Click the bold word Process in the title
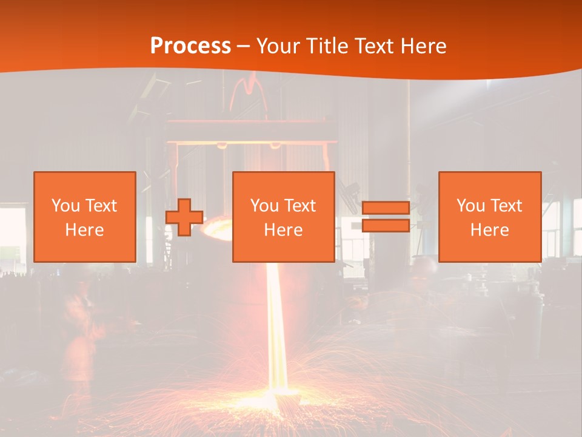coord(190,46)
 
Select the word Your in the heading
coord(276,46)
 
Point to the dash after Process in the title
coord(244,47)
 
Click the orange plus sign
coord(184,217)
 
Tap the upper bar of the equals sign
coord(386,208)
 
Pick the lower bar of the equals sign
coord(386,226)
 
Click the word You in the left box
coord(65,206)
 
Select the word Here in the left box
coord(85,230)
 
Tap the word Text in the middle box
coord(300,206)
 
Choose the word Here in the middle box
coord(284,230)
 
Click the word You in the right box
coord(470,206)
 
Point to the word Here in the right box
coord(490,230)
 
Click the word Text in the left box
coord(101,206)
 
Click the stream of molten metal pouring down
coord(276,328)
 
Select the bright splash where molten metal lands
coord(279,401)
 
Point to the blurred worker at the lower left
coord(79,334)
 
